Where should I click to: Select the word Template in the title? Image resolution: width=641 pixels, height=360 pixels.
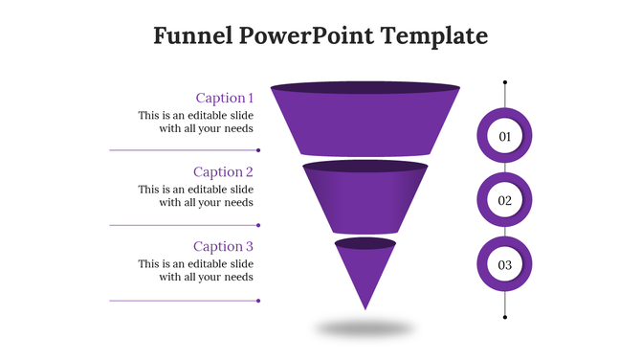tap(434, 36)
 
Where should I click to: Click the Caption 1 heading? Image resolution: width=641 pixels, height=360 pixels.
tap(225, 98)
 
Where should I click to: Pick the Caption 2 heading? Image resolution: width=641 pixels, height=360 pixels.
tap(224, 172)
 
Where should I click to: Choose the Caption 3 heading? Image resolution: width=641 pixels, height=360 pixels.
tap(224, 247)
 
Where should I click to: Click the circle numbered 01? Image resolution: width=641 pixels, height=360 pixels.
tap(505, 137)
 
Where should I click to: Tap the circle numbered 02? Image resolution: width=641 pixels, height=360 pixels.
tap(505, 201)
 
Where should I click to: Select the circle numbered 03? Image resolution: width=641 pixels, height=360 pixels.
tap(505, 265)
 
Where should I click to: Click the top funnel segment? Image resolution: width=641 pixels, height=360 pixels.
tap(365, 124)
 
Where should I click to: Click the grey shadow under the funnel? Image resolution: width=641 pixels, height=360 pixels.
tap(365, 328)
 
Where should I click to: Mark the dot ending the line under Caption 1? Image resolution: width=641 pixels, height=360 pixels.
tap(259, 150)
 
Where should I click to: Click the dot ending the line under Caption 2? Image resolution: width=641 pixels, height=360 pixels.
tap(259, 225)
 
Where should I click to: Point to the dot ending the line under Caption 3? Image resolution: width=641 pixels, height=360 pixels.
tap(259, 301)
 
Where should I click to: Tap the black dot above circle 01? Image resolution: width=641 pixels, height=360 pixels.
tap(505, 83)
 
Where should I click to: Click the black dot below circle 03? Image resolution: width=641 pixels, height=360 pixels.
tap(505, 317)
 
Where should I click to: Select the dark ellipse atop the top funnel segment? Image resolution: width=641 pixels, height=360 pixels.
tap(365, 89)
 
